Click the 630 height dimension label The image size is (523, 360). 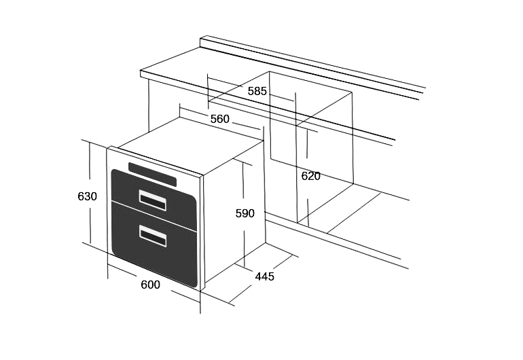[87, 196]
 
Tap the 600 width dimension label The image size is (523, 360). [150, 285]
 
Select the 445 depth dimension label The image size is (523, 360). [264, 276]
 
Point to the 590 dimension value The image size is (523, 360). [245, 213]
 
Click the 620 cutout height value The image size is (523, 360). [310, 176]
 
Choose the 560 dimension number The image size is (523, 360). [220, 119]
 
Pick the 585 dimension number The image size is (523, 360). [257, 91]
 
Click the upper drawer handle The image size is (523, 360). [153, 200]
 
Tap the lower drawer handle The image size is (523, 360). [153, 236]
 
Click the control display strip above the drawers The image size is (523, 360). [152, 174]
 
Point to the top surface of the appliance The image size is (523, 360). [190, 144]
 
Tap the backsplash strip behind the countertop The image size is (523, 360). [312, 65]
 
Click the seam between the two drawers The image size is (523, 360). [154, 215]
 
